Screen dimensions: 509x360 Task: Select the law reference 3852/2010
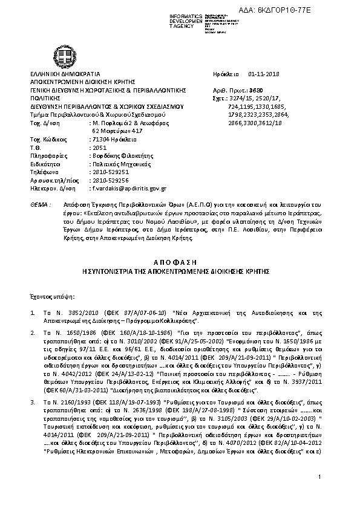(70, 313)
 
